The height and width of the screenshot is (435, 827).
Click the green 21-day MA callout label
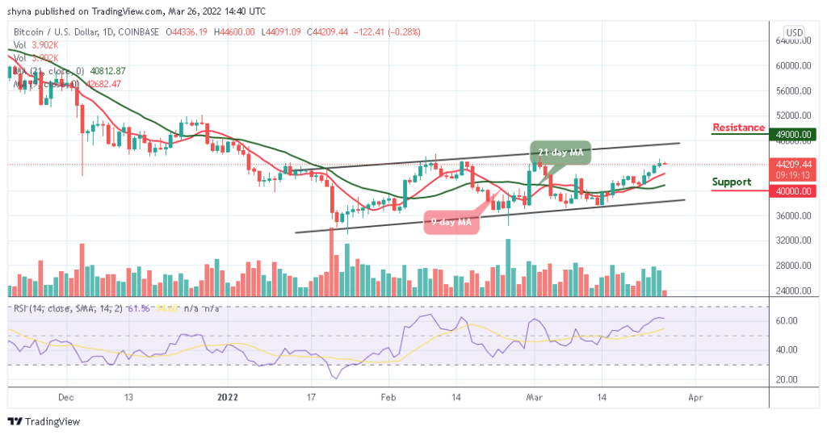pyautogui.click(x=561, y=152)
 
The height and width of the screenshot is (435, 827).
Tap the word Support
pyautogui.click(x=732, y=182)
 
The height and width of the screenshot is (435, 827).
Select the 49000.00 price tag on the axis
pyautogui.click(x=791, y=135)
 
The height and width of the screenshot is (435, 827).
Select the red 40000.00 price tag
pyautogui.click(x=791, y=191)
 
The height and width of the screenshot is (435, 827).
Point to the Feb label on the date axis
pyautogui.click(x=388, y=398)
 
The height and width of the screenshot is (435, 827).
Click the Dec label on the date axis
pyautogui.click(x=66, y=398)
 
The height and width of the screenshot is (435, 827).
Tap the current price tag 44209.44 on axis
pyautogui.click(x=791, y=163)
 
